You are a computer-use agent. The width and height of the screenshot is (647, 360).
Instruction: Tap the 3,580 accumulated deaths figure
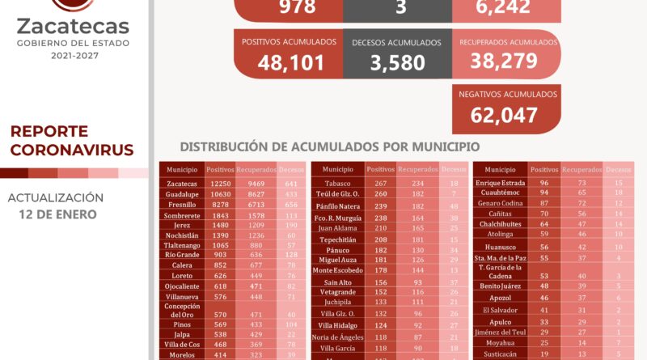click(396, 63)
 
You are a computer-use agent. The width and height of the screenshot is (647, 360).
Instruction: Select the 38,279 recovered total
click(506, 63)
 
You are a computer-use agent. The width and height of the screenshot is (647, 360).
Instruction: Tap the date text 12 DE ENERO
click(57, 214)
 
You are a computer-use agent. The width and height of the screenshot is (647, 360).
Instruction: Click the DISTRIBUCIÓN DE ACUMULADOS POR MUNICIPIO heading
click(329, 147)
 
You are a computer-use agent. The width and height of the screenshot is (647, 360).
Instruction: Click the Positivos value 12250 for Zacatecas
click(219, 184)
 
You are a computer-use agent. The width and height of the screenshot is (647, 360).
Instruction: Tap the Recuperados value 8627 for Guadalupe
click(256, 195)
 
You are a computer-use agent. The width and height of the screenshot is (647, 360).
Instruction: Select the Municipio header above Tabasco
click(337, 169)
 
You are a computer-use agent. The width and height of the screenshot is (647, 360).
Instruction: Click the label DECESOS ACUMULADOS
click(396, 42)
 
